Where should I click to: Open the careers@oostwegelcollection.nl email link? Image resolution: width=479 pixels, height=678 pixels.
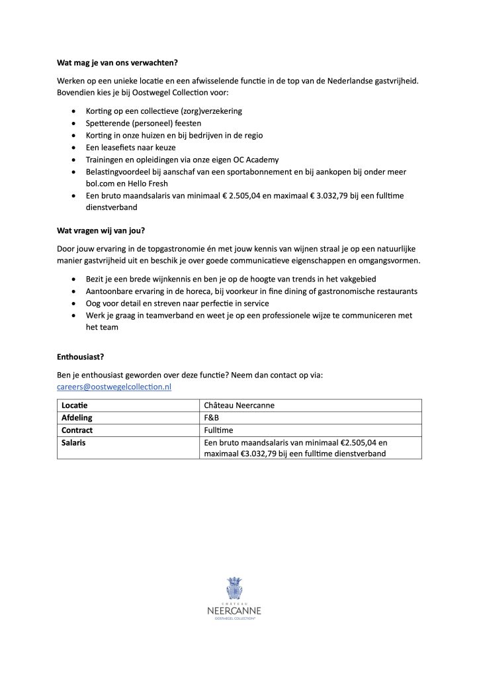click(x=114, y=387)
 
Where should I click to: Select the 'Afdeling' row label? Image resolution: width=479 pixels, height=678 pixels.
click(x=77, y=418)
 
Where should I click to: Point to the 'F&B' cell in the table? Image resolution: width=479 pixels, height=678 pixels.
click(x=212, y=418)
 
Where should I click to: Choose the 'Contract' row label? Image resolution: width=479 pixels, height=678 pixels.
click(x=77, y=430)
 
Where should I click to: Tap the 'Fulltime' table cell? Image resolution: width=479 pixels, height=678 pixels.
click(x=218, y=430)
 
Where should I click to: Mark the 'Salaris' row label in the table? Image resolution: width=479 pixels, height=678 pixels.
click(x=73, y=442)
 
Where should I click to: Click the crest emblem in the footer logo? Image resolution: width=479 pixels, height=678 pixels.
click(x=235, y=587)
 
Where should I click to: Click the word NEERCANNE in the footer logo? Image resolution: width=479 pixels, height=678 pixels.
click(x=235, y=610)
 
